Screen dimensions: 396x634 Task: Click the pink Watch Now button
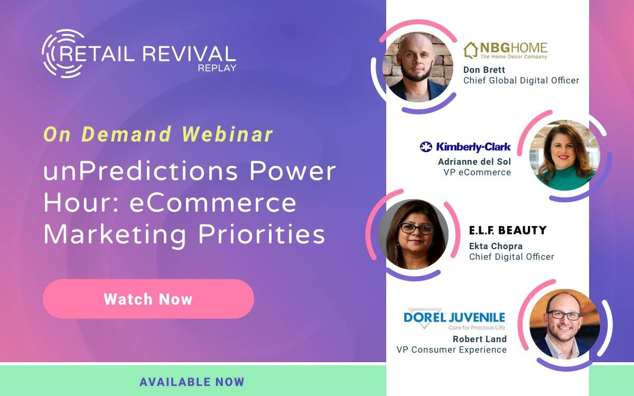148,299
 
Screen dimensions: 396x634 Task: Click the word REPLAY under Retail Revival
217,68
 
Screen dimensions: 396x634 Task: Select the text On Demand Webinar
158,135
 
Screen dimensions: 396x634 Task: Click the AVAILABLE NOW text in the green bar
192,382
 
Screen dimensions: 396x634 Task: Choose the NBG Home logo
505,51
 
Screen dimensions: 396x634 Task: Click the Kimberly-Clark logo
465,147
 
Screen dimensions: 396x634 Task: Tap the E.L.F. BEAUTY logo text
508,230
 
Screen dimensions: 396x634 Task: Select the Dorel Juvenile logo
454,318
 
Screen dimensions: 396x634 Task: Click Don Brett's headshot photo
417,67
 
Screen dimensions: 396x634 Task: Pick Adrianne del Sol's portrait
564,155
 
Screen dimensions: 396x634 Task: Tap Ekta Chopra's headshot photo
413,234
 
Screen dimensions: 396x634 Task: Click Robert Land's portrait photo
564,323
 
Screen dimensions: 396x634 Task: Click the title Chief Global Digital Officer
521,81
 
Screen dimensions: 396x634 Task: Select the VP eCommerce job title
484,172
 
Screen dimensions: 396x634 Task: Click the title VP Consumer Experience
451,350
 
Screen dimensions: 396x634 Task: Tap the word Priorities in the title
263,234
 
